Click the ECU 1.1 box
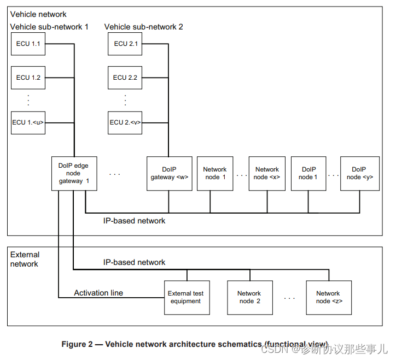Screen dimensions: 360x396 [x=27, y=44]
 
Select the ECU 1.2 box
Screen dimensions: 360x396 [x=27, y=78]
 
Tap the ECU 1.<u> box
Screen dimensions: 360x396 [x=27, y=122]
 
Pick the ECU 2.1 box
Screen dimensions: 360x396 [x=125, y=44]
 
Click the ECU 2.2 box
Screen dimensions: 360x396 [x=125, y=78]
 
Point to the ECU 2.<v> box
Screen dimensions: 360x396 [x=125, y=122]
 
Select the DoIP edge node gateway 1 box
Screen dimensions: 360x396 [x=74, y=173]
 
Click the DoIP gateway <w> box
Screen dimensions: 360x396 [x=169, y=173]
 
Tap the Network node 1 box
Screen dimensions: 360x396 [x=215, y=173]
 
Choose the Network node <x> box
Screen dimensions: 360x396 [x=267, y=173]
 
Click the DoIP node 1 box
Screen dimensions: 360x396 [x=308, y=173]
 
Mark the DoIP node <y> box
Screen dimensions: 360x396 [x=359, y=173]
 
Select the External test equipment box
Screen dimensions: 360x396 [x=187, y=297]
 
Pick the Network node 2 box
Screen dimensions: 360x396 [x=249, y=297]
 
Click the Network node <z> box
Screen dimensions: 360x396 [x=328, y=297]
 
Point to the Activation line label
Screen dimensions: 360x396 [x=98, y=293]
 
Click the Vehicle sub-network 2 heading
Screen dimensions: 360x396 [x=143, y=27]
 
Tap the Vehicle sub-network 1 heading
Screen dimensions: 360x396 [x=49, y=27]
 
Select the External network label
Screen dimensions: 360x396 [x=25, y=259]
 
